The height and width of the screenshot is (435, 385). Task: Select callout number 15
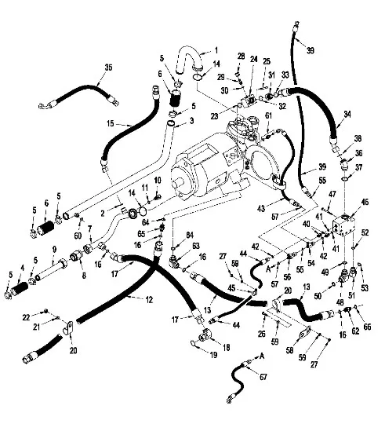[112, 124]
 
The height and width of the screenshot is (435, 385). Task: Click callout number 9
[53, 249]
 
